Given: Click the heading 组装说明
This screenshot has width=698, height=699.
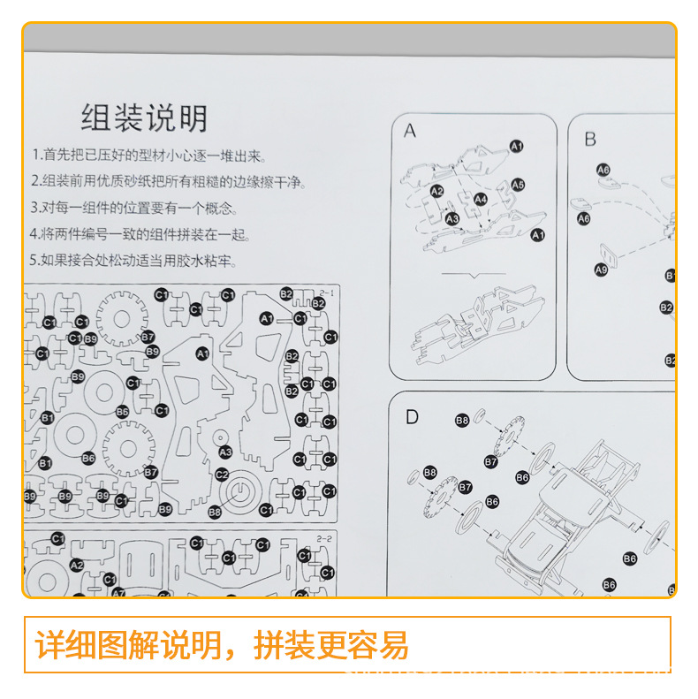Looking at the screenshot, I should tap(144, 118).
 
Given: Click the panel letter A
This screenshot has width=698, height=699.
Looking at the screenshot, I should tap(409, 132).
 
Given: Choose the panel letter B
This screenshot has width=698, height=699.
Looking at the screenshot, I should tap(590, 140).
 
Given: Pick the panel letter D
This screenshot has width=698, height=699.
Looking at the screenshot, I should tap(412, 417).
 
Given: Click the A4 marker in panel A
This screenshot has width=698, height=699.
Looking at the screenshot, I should tap(480, 200).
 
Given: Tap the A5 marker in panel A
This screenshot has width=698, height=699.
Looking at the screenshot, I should tap(518, 185).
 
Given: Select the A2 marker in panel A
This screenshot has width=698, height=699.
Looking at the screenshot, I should tap(437, 191).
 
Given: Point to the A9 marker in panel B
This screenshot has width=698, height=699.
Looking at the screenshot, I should tap(601, 270).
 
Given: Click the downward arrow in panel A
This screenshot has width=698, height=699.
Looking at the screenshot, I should tap(474, 276).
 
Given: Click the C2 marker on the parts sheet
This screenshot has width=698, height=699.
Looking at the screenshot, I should tap(223, 475).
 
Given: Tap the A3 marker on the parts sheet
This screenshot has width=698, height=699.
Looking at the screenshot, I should tap(225, 452).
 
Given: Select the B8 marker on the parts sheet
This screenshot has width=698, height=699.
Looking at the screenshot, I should tap(215, 512).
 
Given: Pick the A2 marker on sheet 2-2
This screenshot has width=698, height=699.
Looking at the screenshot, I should tap(77, 566).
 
